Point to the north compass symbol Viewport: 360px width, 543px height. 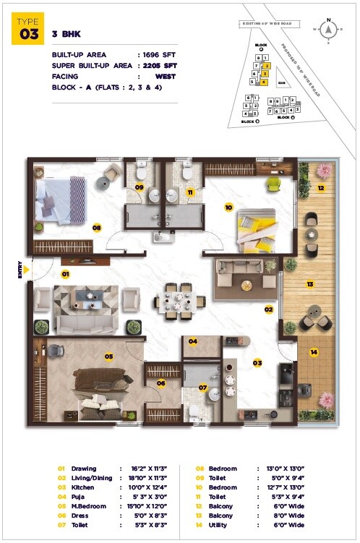coord(329,30)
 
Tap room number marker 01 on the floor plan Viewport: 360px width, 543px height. coord(64,274)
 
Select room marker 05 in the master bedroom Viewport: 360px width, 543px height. coord(108,356)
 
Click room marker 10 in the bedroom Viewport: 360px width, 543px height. coord(228,207)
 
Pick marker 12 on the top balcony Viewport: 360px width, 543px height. coord(320,189)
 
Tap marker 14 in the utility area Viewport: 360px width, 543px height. coord(314,352)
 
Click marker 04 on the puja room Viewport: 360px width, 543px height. coord(193,341)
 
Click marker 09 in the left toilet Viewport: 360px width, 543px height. coord(140,187)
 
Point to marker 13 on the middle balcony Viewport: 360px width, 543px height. coord(309,284)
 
